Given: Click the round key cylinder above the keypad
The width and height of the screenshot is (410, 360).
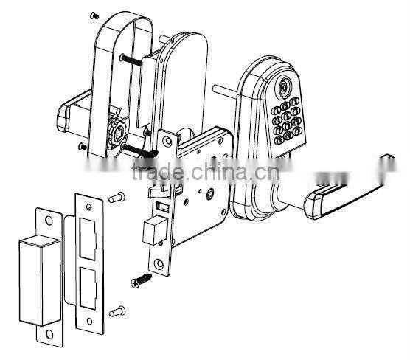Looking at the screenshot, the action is (285, 89).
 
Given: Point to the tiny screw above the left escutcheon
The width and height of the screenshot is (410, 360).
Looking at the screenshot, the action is (93, 14).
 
